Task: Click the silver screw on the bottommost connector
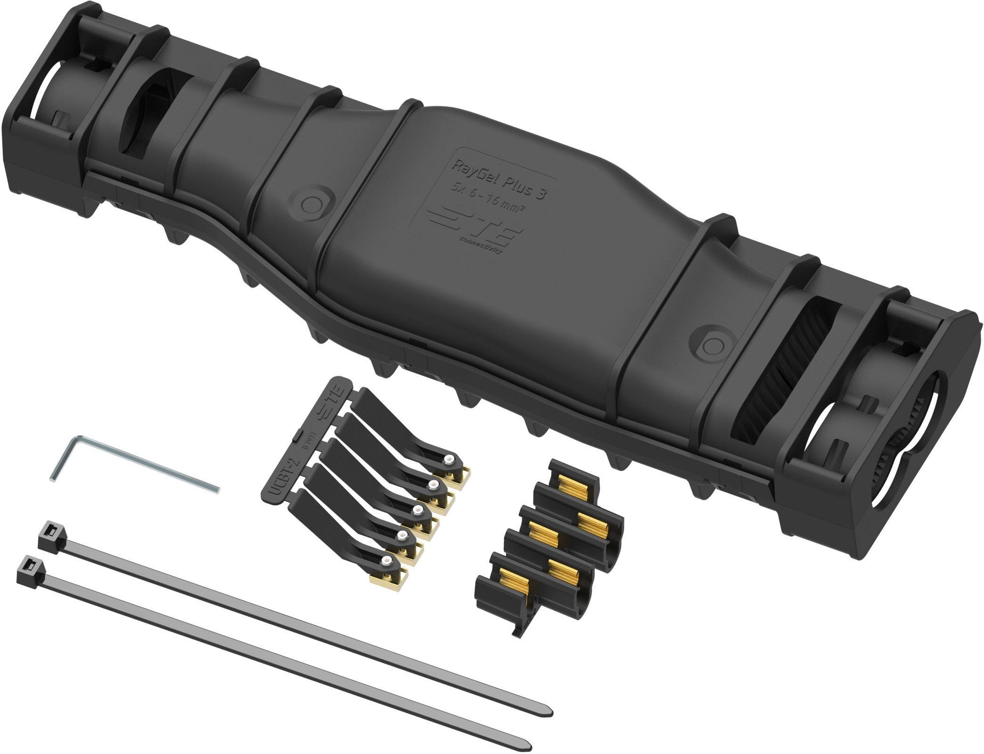pyautogui.click(x=386, y=561)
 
